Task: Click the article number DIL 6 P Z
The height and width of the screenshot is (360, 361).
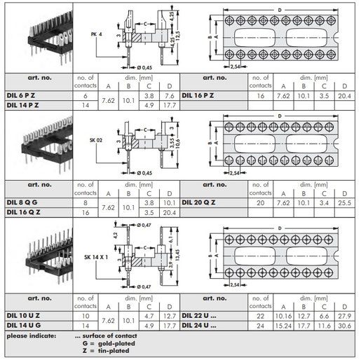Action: (x=21, y=95)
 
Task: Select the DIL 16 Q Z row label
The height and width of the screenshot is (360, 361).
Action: (x=23, y=212)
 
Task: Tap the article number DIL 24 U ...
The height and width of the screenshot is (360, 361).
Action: (x=199, y=326)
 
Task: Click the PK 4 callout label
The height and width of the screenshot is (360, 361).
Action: (x=96, y=34)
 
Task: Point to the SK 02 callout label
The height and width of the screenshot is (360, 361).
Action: (x=96, y=140)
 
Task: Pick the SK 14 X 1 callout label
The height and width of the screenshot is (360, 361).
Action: (x=96, y=257)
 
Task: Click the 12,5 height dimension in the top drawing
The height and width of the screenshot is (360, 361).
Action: (x=177, y=36)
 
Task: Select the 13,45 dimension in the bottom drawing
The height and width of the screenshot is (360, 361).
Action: (x=177, y=255)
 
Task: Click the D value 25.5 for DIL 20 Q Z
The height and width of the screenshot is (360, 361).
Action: (x=344, y=203)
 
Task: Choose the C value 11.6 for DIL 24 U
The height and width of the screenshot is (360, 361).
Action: (x=324, y=326)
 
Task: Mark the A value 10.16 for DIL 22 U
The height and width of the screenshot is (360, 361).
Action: (x=283, y=316)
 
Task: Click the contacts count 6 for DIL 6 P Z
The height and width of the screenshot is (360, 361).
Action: (x=86, y=96)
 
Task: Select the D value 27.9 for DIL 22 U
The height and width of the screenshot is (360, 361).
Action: (x=344, y=316)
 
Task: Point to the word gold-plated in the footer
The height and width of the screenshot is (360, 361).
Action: (x=116, y=344)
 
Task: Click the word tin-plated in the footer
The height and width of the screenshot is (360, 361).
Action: (x=114, y=351)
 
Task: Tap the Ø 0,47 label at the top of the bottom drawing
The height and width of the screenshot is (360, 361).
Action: (x=144, y=226)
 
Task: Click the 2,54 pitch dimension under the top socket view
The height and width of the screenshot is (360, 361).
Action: (x=235, y=67)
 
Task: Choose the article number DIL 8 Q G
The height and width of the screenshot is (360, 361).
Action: (x=22, y=202)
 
